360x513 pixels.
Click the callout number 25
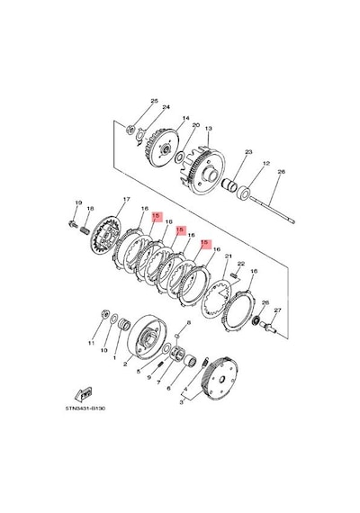[x=154, y=101]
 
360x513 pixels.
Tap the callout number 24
[x=166, y=107]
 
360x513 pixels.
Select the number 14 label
[x=186, y=118]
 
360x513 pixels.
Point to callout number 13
[x=209, y=128]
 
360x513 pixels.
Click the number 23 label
[x=248, y=152]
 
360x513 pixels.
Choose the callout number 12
[x=266, y=163]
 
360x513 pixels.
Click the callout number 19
[x=78, y=202]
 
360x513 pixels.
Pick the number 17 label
[x=126, y=199]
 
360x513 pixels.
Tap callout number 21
[x=228, y=256]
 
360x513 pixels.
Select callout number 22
[x=241, y=264]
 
